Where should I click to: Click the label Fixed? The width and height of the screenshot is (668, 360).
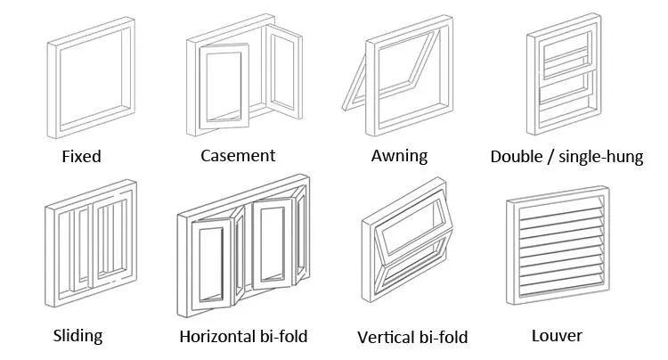[x=81, y=156]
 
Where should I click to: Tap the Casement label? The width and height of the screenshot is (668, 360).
[x=238, y=156]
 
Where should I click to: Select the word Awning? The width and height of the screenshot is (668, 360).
[x=399, y=156]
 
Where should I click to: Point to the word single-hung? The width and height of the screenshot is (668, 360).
[x=600, y=157]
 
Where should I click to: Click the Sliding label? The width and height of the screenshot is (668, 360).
[x=78, y=336]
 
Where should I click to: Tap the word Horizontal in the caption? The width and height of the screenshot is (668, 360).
[x=216, y=337]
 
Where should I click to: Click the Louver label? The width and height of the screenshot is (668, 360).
[x=557, y=336]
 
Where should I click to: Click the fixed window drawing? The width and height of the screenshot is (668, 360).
[x=53, y=89]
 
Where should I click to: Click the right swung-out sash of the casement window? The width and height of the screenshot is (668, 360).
[x=269, y=68]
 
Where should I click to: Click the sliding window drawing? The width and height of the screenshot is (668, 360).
[x=51, y=256]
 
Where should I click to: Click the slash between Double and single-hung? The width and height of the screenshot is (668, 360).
[x=550, y=157]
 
